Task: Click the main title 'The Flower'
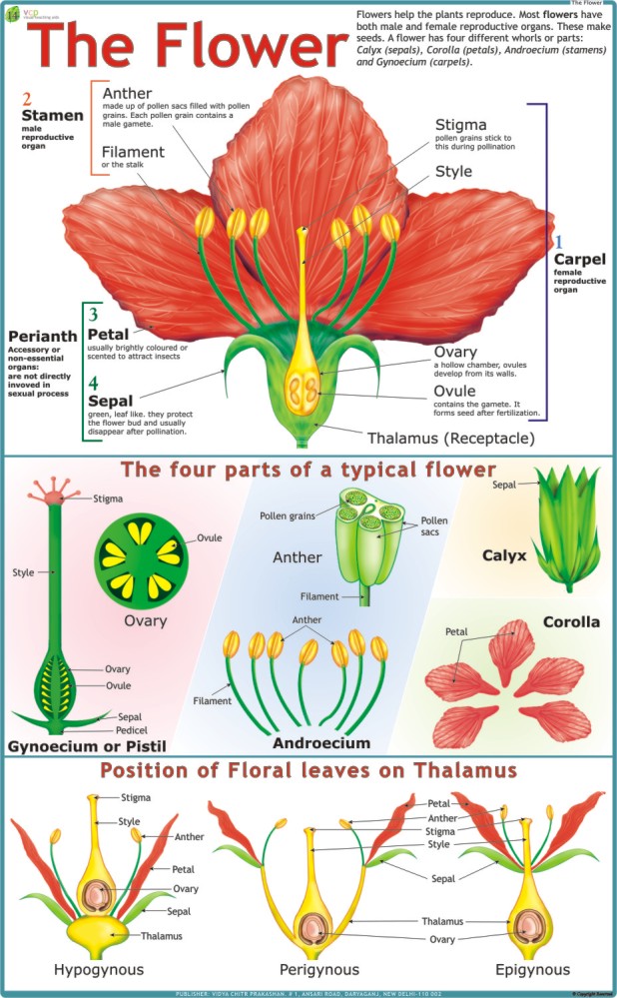[185, 46]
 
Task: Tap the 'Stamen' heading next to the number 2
[51, 116]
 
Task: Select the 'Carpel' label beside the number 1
[580, 260]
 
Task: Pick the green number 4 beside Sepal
[93, 384]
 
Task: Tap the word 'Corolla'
[571, 621]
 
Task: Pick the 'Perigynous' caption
[318, 969]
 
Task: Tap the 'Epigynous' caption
[532, 969]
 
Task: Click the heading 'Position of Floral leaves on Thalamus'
[308, 770]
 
